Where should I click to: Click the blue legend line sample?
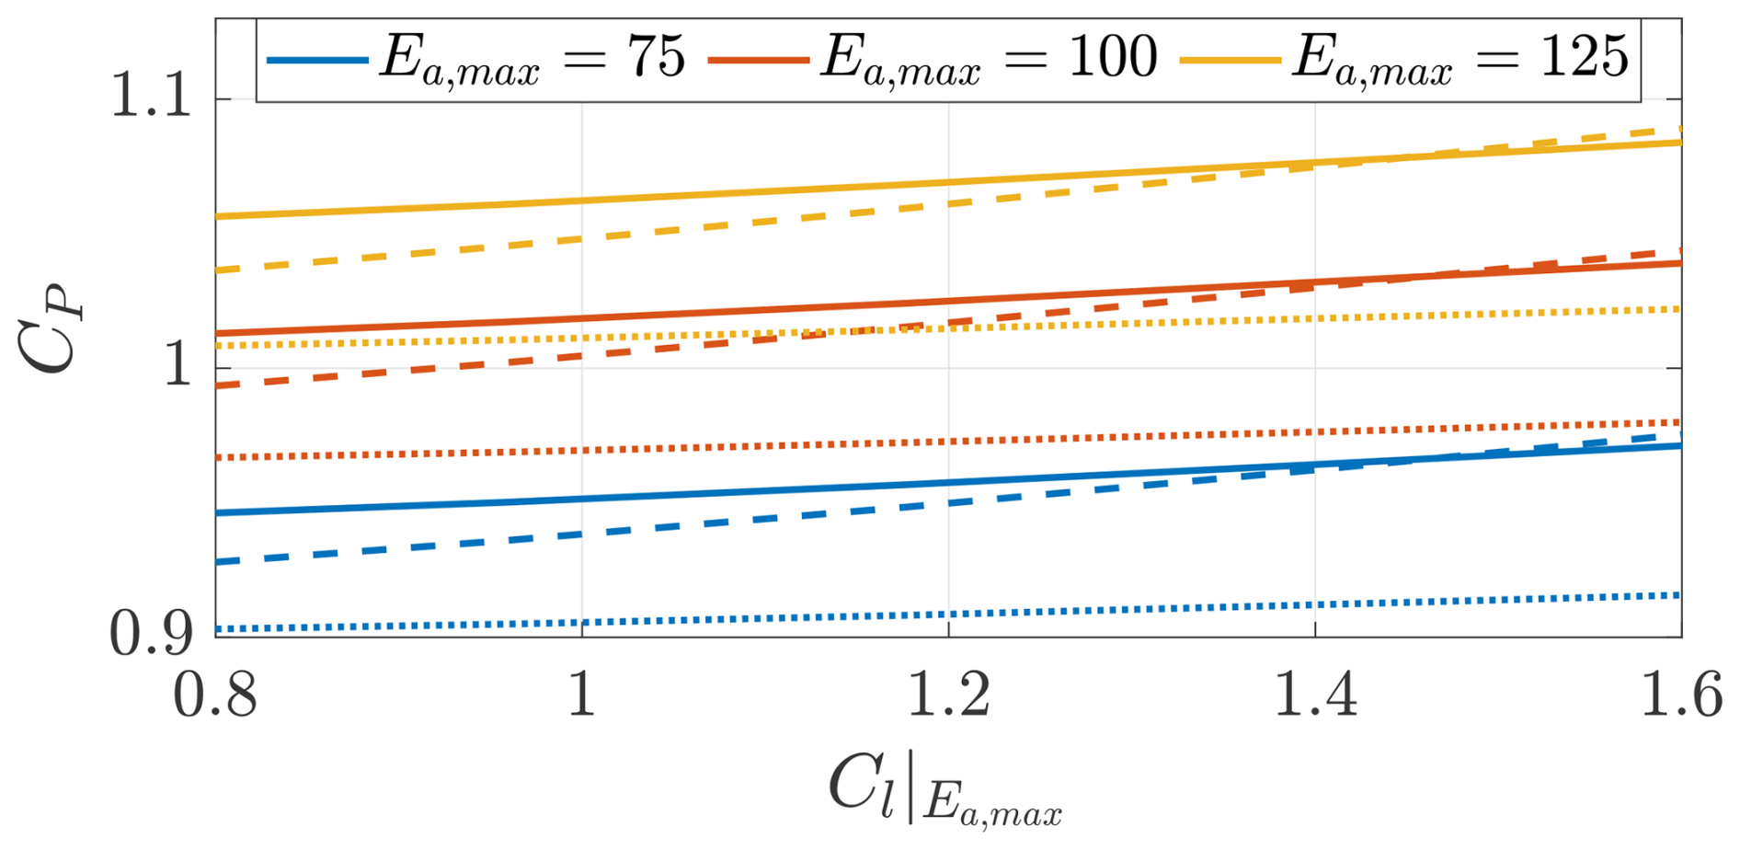(316, 60)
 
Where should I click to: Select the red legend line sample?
(758, 60)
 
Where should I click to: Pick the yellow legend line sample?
(1230, 60)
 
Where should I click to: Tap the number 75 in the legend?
(657, 57)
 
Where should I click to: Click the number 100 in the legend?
(1112, 57)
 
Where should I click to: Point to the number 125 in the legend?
(1584, 57)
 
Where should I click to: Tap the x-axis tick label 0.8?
(214, 695)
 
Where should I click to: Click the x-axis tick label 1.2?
(948, 695)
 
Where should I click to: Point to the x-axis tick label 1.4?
(1315, 695)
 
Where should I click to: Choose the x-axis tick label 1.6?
(1681, 695)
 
